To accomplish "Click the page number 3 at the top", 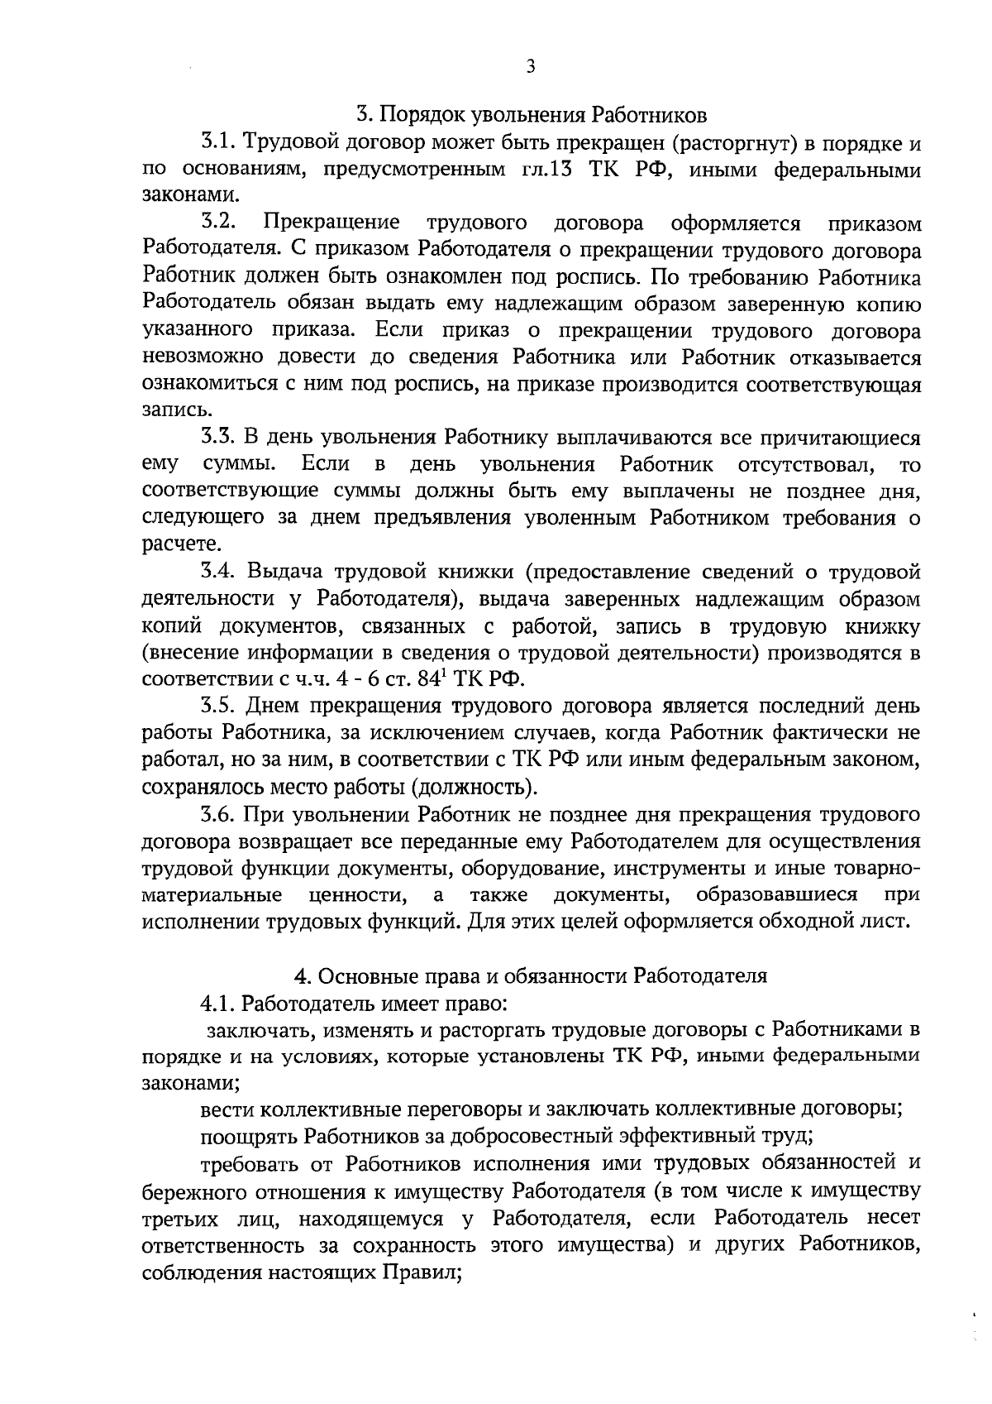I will pos(531,66).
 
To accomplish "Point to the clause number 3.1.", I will pos(217,142).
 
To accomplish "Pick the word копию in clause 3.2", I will pos(885,303).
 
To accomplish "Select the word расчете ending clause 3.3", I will pos(170,544).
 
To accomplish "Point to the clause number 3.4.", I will pos(218,572).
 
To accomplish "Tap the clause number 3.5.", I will pos(218,706).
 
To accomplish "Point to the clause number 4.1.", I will pos(217,1004).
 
